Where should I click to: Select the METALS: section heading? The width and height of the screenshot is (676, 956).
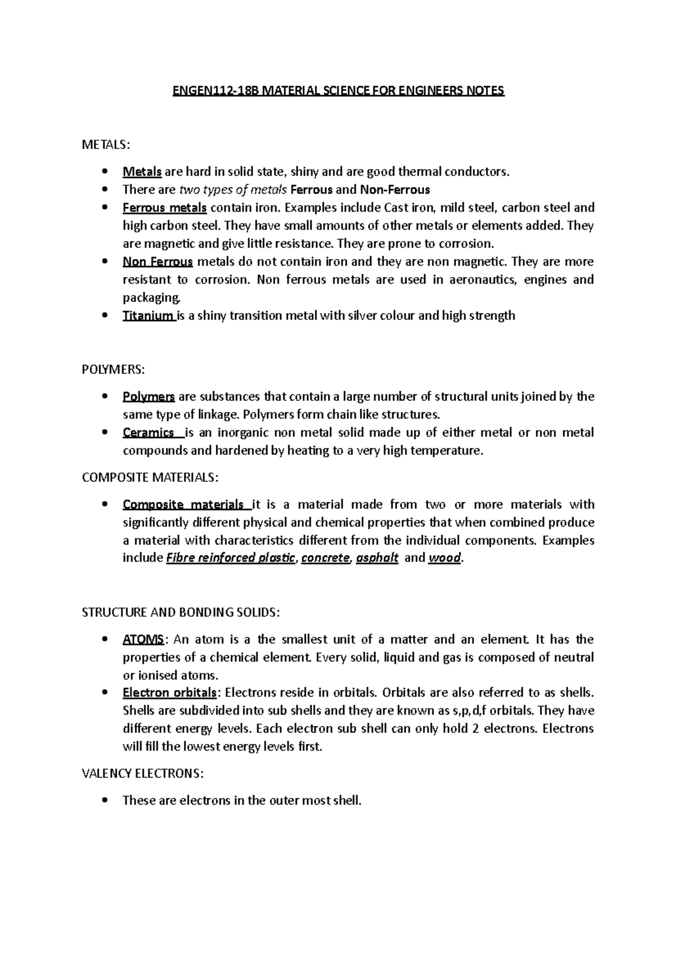(106, 145)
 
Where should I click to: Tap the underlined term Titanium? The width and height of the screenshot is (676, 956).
(148, 315)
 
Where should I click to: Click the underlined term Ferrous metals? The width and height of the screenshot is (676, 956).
(164, 208)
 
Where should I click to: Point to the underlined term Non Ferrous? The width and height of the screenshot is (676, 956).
(158, 262)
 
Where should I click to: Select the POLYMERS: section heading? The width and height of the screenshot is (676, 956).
(113, 369)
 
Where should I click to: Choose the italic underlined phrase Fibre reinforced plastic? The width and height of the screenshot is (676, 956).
(231, 558)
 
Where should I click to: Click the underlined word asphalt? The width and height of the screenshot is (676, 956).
(377, 558)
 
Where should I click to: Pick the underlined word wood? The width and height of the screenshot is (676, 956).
(445, 558)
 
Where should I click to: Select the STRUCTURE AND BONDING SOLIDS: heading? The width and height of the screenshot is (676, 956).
(180, 612)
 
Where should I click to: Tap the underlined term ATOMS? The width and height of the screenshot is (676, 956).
(143, 639)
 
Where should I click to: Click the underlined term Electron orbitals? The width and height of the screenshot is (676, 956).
(169, 693)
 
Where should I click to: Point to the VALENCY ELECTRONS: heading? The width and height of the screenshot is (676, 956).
(143, 774)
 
